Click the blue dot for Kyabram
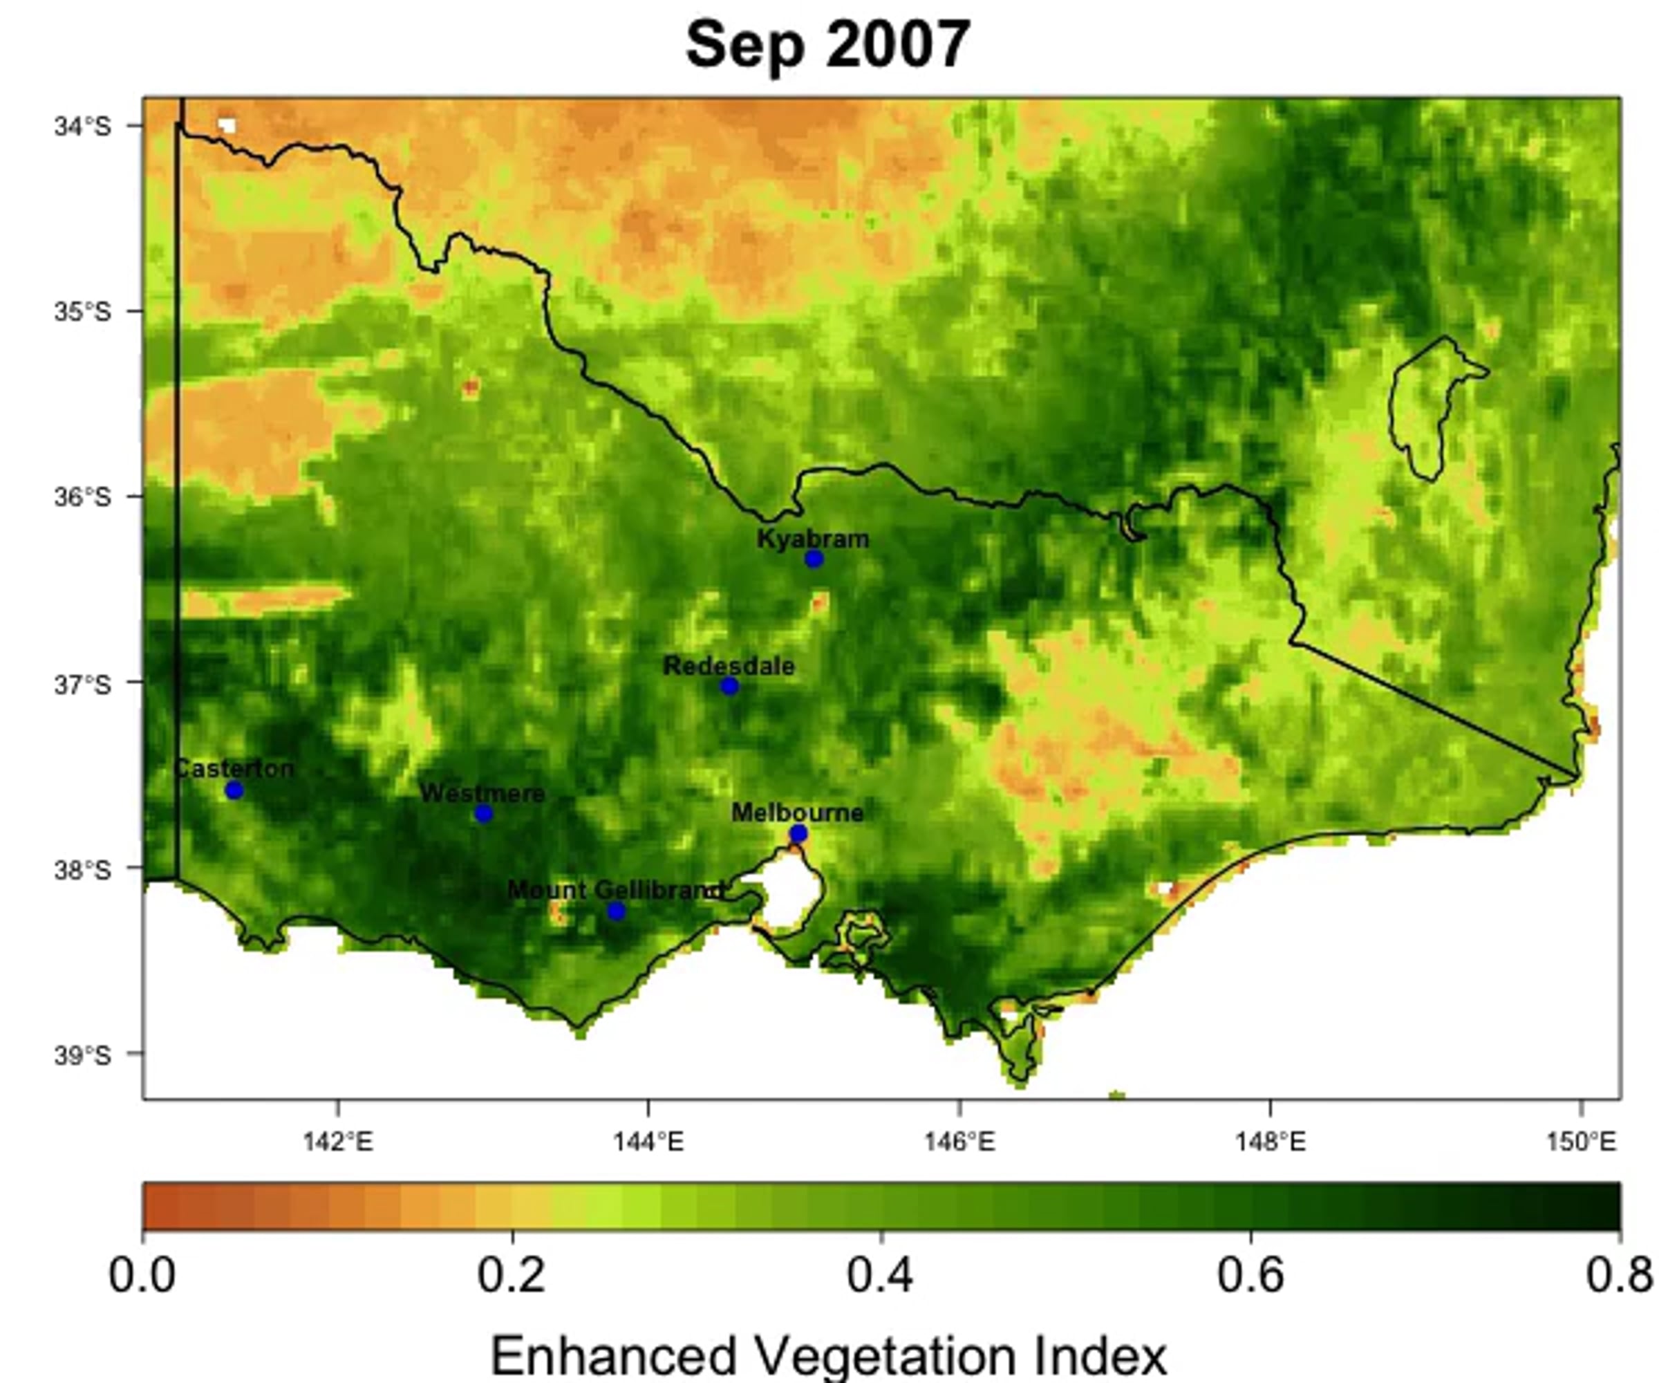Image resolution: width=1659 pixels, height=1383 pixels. tap(814, 559)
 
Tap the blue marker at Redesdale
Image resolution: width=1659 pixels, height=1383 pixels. tap(729, 686)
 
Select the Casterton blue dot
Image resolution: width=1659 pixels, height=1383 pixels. tap(234, 790)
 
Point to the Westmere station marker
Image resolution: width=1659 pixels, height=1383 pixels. tap(483, 813)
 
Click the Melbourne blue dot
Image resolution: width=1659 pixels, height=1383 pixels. tap(798, 834)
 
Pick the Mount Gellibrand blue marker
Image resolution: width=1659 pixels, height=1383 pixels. tap(616, 911)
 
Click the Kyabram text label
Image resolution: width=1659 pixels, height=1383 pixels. tap(813, 539)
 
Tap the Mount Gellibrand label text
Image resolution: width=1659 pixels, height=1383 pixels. tap(615, 891)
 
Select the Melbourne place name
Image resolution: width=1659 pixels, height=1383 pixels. tap(797, 813)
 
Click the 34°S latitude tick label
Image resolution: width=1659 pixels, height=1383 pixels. tap(83, 127)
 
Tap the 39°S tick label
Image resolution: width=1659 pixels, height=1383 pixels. tap(83, 1055)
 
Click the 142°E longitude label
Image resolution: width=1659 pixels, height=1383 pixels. tap(338, 1142)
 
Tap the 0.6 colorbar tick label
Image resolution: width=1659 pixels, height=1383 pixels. tap(1250, 1274)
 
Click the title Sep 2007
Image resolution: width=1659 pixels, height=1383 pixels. tap(828, 45)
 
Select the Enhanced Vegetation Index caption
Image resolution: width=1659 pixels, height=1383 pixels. tap(829, 1355)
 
